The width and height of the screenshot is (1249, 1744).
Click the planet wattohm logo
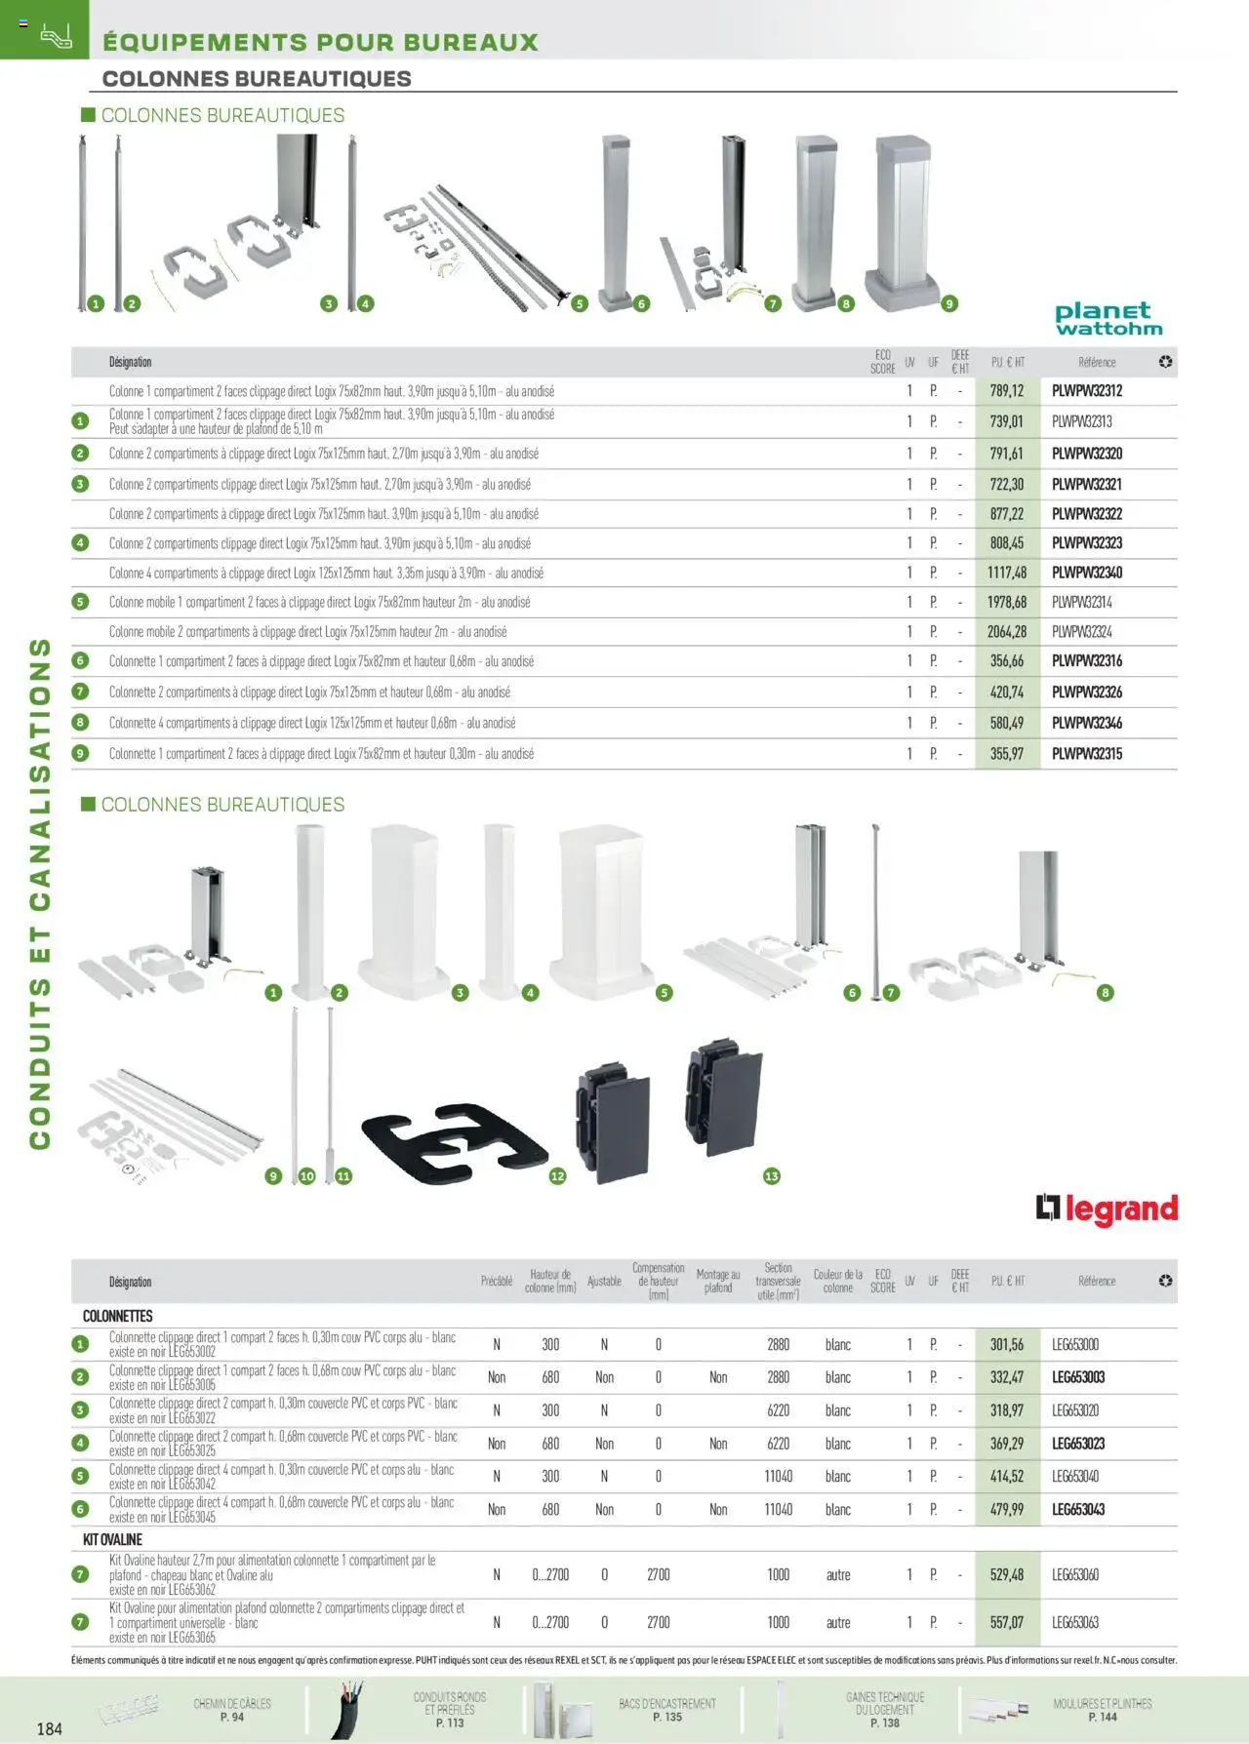(x=1108, y=319)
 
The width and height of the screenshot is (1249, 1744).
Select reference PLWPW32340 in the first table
(x=1087, y=573)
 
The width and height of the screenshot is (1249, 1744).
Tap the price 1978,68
(x=1006, y=603)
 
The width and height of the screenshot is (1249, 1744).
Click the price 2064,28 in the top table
(x=1006, y=632)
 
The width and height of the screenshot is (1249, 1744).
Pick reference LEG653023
(x=1078, y=1444)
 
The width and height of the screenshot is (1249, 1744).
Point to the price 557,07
(x=1006, y=1622)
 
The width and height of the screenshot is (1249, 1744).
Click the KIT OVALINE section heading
(x=112, y=1539)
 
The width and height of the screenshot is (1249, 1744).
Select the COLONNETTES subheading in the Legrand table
(x=118, y=1316)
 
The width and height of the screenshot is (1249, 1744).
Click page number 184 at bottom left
(x=49, y=1728)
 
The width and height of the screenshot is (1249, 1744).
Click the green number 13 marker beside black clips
(x=771, y=1176)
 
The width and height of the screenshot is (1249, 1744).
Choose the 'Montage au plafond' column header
(x=718, y=1281)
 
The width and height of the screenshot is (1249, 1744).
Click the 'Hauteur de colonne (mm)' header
(x=550, y=1281)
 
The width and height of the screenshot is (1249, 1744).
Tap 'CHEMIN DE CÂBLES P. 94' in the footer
(x=231, y=1710)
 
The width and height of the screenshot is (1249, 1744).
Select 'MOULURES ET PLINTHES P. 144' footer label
(x=1102, y=1710)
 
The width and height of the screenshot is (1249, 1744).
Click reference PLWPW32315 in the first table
(x=1087, y=754)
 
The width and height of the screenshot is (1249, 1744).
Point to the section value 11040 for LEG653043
(x=778, y=1509)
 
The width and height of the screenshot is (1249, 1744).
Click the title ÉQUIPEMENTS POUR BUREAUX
(x=320, y=43)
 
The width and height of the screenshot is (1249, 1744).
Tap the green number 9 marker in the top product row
(x=948, y=304)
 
